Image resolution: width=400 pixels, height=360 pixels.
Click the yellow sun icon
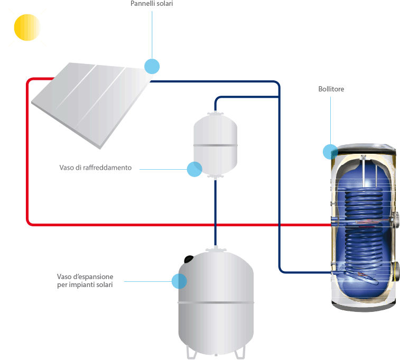coord(27,27)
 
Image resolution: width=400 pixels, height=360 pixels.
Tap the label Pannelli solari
coord(151,4)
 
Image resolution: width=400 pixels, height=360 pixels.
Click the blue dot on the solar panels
coord(152,66)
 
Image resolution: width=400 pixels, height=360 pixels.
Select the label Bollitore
coord(331,89)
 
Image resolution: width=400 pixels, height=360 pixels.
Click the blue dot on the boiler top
coord(330,152)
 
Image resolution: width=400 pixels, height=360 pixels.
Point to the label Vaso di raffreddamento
coord(95,168)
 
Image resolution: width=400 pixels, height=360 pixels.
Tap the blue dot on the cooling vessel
coord(194,169)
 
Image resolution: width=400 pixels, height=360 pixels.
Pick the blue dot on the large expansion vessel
coord(179,281)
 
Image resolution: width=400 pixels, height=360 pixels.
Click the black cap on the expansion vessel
coord(189,259)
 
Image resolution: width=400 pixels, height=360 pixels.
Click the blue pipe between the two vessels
coord(216,211)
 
